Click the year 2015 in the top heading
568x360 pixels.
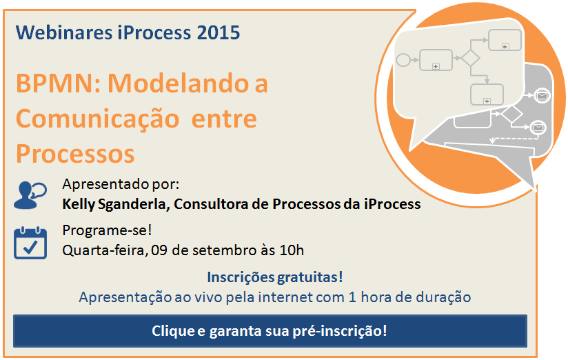pos(219,32)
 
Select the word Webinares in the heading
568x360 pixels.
pos(64,32)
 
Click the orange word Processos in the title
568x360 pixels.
pos(75,154)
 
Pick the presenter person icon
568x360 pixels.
pos(30,195)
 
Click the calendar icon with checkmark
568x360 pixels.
pos(30,243)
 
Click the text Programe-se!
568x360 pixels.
pos(107,230)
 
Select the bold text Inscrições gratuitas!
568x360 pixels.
pos(275,277)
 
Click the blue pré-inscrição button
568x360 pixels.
pos(270,331)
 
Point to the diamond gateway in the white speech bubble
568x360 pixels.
pos(471,58)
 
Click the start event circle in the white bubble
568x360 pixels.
pos(403,60)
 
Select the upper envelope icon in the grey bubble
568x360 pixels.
pos(542,96)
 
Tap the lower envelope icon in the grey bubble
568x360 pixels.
pos(538,128)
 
